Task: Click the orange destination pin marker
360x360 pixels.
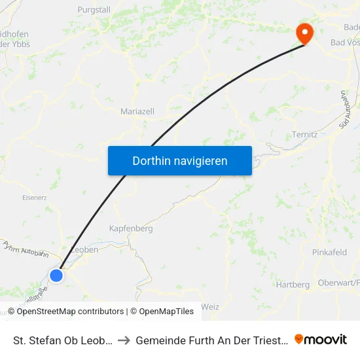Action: coord(304,33)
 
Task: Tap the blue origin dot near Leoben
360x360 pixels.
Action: coord(56,276)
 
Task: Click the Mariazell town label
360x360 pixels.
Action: coord(137,112)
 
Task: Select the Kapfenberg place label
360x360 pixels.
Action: coord(130,229)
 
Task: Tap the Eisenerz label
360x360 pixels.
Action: coord(34,197)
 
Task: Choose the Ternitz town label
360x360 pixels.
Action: coord(304,135)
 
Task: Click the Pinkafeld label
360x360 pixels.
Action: coord(330,252)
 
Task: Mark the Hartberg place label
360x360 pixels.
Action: coord(293,285)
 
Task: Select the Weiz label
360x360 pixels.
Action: coord(211,306)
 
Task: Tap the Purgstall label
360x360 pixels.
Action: coord(95,10)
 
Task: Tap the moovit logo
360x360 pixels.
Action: coord(321,340)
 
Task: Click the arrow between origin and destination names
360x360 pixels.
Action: coord(124,340)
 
